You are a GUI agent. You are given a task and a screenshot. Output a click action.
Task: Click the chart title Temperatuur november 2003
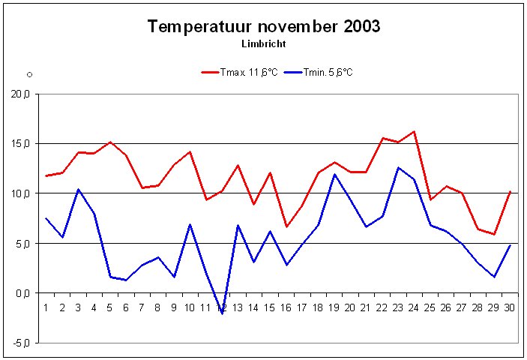tap(264, 27)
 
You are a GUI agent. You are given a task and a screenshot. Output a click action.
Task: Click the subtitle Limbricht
tap(264, 44)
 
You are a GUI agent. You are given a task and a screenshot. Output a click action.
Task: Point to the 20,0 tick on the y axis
tap(19, 94)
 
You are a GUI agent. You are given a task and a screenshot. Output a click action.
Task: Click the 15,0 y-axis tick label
tap(19, 143)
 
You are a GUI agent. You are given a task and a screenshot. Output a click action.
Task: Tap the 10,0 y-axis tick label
tap(19, 193)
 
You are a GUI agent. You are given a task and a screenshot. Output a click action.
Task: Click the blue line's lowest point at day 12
tap(222, 313)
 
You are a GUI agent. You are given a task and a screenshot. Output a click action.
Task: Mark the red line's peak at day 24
tap(414, 131)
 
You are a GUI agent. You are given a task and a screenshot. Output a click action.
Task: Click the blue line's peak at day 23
tap(398, 167)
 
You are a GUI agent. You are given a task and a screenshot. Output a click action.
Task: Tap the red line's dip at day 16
tap(286, 226)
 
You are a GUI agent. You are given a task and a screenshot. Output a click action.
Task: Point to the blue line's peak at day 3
tap(78, 189)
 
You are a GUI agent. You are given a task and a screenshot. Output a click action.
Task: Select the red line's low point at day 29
tap(494, 234)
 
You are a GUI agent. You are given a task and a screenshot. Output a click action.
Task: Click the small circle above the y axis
tap(29, 74)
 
